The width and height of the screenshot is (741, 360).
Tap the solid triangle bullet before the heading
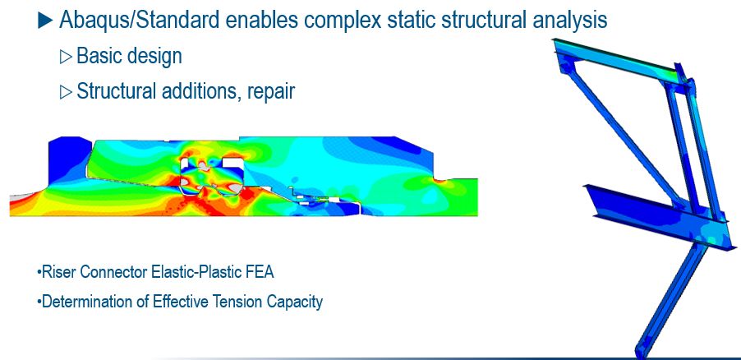(x=45, y=20)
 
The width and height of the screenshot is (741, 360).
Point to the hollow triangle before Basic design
(x=66, y=57)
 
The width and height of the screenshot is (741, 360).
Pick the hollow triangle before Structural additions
(x=66, y=92)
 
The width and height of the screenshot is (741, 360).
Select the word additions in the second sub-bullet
(x=202, y=91)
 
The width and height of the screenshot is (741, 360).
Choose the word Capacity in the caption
(x=295, y=302)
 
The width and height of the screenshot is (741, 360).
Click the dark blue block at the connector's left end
(x=68, y=160)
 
